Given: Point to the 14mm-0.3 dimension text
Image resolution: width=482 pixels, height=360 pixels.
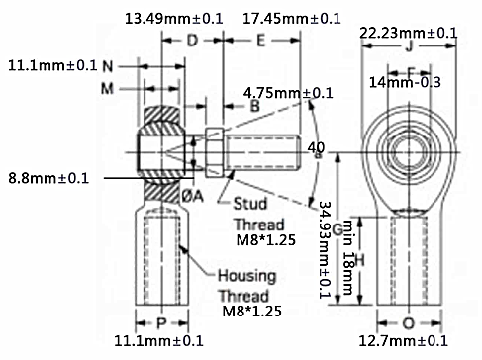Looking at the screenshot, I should (408, 82).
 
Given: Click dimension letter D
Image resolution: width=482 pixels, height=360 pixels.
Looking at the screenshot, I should (192, 41).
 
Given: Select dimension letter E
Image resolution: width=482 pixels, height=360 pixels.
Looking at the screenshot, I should (260, 41).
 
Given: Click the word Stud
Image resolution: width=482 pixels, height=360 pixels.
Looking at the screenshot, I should (250, 205).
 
